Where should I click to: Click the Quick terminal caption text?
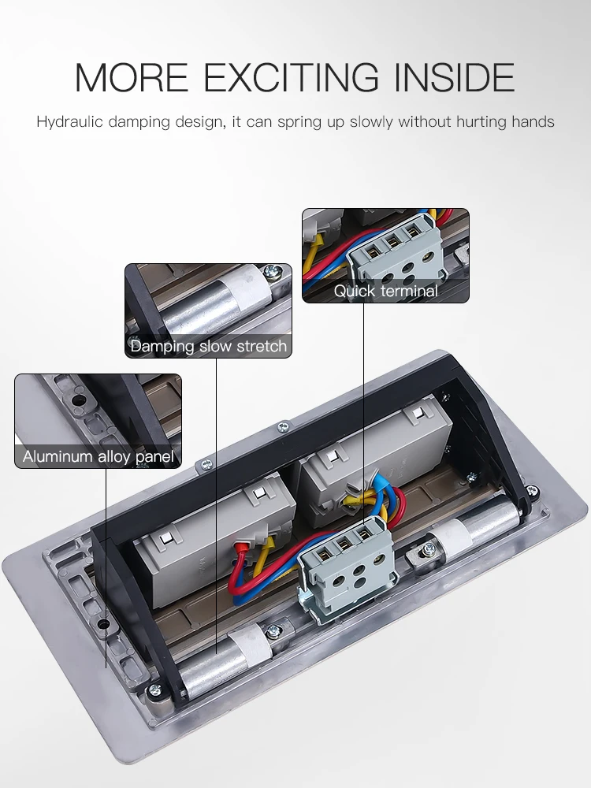coord(385,291)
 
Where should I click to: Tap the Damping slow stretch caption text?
coord(208,346)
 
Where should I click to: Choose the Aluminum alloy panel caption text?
coord(98,456)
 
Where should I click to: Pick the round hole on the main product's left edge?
coord(102,624)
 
